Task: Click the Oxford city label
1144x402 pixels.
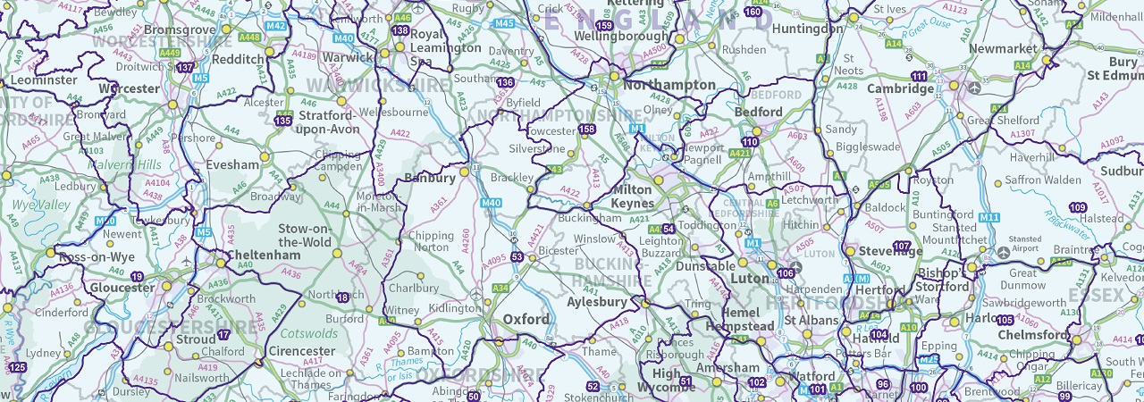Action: pyautogui.click(x=526, y=319)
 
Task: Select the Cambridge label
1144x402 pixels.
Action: pyautogui.click(x=900, y=88)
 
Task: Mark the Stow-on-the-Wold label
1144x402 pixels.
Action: pyautogui.click(x=305, y=235)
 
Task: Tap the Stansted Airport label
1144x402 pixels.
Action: pyautogui.click(x=1024, y=244)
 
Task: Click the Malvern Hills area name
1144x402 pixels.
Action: pyautogui.click(x=134, y=164)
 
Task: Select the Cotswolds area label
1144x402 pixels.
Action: pyautogui.click(x=309, y=333)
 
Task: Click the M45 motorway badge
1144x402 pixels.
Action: pyautogui.click(x=504, y=23)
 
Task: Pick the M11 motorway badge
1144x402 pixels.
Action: pyautogui.click(x=988, y=217)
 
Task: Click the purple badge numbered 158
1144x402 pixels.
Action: pyautogui.click(x=587, y=130)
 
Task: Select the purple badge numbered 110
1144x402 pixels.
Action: pyautogui.click(x=750, y=142)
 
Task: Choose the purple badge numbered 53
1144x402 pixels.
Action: pyautogui.click(x=517, y=257)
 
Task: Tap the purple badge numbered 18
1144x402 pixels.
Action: pyautogui.click(x=344, y=297)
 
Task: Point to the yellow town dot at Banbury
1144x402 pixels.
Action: pyautogui.click(x=465, y=171)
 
